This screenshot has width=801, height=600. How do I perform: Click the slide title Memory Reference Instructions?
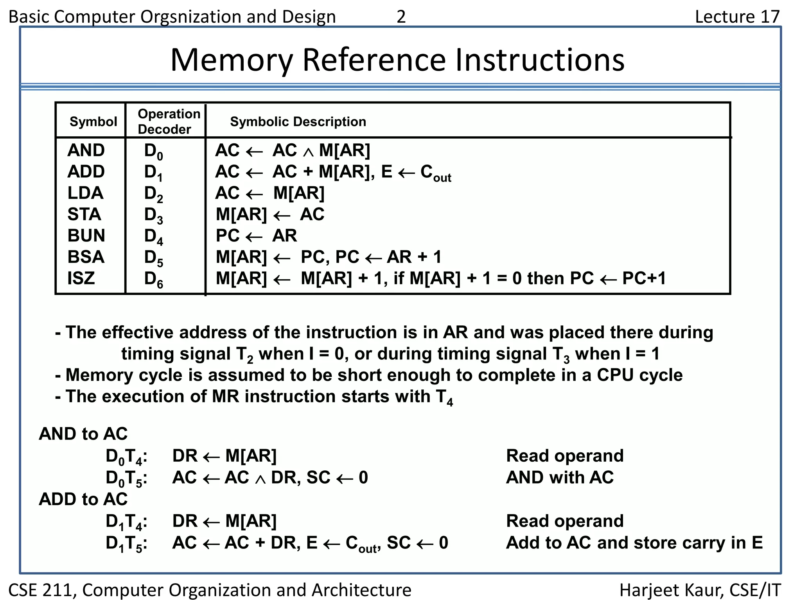tap(397, 60)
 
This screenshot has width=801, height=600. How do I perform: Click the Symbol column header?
tap(93, 121)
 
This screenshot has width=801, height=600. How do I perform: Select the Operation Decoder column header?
tap(169, 121)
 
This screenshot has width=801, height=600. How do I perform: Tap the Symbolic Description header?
tap(298, 121)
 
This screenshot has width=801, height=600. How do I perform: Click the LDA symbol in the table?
tap(85, 193)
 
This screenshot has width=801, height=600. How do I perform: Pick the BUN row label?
tap(86, 236)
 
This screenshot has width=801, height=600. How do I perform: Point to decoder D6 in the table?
tap(153, 279)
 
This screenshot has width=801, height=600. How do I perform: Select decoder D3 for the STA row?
tap(153, 215)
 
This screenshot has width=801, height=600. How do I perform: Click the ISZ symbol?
tap(81, 278)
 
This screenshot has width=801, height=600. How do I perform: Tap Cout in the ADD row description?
tap(435, 173)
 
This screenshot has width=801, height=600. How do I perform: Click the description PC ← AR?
tap(256, 236)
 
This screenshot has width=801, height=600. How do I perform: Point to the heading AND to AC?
tap(83, 434)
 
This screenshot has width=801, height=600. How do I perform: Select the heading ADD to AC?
tap(83, 499)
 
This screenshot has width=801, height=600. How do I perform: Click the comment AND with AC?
tap(559, 477)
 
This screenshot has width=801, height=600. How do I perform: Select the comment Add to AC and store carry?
tap(634, 543)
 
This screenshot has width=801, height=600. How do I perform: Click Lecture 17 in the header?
tap(737, 16)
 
